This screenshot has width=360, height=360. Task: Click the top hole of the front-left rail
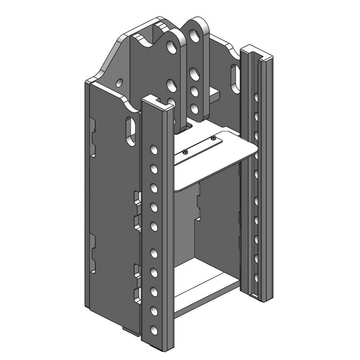pos(154,149)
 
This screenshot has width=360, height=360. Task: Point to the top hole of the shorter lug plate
pos(171,46)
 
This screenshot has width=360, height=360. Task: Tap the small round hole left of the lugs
pos(119,83)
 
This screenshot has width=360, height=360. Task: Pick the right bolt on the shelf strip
pos(213,137)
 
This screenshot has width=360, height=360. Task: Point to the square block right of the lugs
pos(214,94)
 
